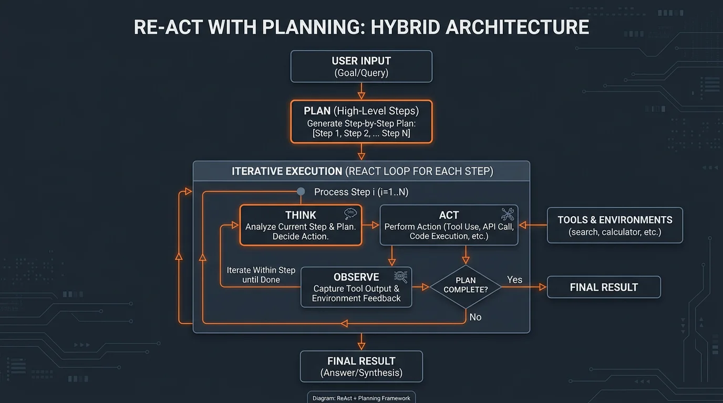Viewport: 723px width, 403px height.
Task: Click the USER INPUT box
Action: (x=361, y=67)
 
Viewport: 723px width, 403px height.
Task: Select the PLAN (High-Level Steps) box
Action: (x=361, y=122)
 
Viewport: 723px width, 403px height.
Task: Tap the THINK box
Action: (x=301, y=225)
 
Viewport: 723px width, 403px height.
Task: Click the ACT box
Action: (x=449, y=225)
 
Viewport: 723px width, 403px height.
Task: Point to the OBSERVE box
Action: (x=356, y=287)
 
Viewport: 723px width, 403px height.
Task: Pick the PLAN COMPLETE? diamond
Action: (x=466, y=287)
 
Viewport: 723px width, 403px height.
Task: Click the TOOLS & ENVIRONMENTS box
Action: (x=614, y=225)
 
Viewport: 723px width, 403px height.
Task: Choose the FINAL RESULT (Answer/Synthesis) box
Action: (x=361, y=366)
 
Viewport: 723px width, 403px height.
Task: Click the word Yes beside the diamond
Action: (x=514, y=280)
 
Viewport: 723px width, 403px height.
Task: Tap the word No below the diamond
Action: (x=475, y=317)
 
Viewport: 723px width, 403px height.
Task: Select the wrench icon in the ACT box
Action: (x=508, y=214)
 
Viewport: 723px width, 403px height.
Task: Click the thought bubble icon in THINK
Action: (x=350, y=213)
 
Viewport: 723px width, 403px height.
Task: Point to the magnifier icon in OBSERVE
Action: (x=401, y=276)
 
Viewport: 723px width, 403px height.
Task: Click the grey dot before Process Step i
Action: (x=301, y=192)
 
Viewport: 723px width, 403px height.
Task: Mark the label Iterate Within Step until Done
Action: (x=261, y=275)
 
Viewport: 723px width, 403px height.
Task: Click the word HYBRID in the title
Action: (x=405, y=27)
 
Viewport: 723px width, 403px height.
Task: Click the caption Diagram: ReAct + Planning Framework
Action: (x=361, y=398)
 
